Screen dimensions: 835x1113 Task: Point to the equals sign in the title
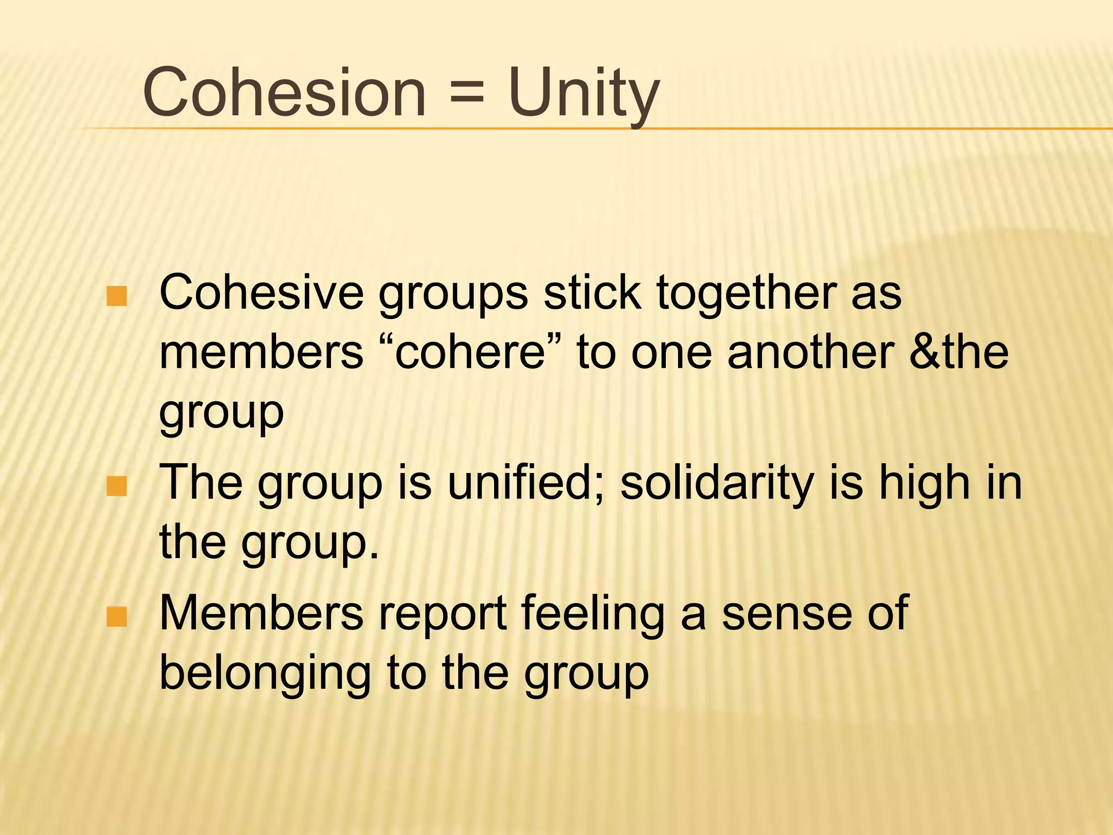(x=466, y=92)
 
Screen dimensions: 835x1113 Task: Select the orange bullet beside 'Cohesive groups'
(x=117, y=296)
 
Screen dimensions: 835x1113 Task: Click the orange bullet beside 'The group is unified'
(x=117, y=486)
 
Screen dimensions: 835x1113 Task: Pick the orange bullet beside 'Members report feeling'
(x=117, y=616)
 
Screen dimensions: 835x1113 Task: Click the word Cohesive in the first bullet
(x=261, y=294)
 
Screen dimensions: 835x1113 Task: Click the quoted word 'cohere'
(x=470, y=353)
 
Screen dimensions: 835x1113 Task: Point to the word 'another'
(x=810, y=353)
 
